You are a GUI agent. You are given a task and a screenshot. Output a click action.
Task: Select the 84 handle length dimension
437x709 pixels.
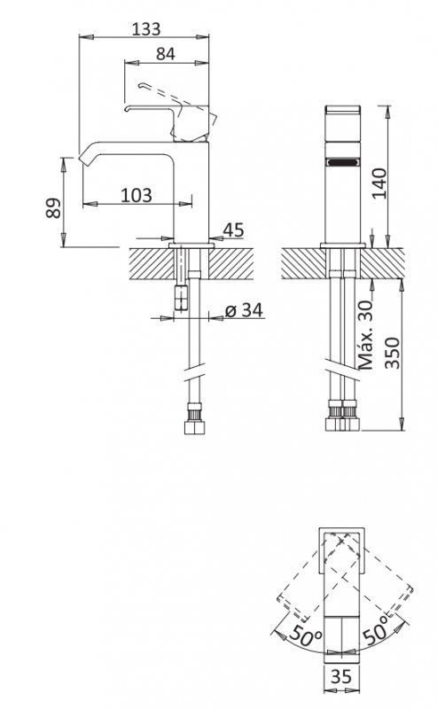click(x=164, y=53)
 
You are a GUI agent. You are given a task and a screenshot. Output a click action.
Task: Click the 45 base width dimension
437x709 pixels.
click(x=232, y=230)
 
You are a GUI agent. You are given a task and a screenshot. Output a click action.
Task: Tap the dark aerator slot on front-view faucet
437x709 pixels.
click(x=341, y=162)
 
